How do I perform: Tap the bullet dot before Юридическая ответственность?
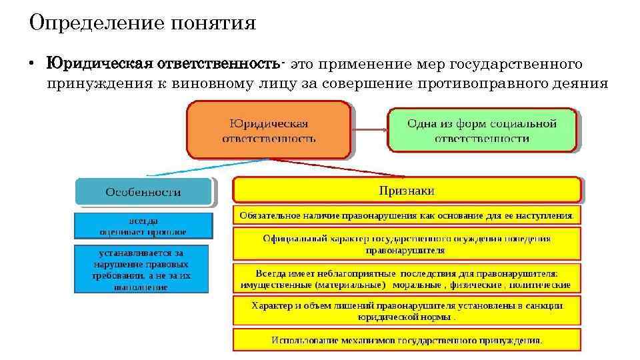point(31,65)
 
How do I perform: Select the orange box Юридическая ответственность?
point(269,130)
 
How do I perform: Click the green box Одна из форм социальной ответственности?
point(482,130)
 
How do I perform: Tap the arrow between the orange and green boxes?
point(369,130)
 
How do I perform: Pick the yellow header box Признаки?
point(407,191)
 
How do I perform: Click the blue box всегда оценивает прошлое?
point(143,225)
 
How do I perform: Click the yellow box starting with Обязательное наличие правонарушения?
point(407,215)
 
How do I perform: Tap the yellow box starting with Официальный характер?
point(407,244)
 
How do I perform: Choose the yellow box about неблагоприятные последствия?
point(407,279)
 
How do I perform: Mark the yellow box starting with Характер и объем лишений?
point(407,311)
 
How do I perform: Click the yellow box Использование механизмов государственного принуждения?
point(407,339)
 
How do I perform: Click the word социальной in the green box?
point(523,123)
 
